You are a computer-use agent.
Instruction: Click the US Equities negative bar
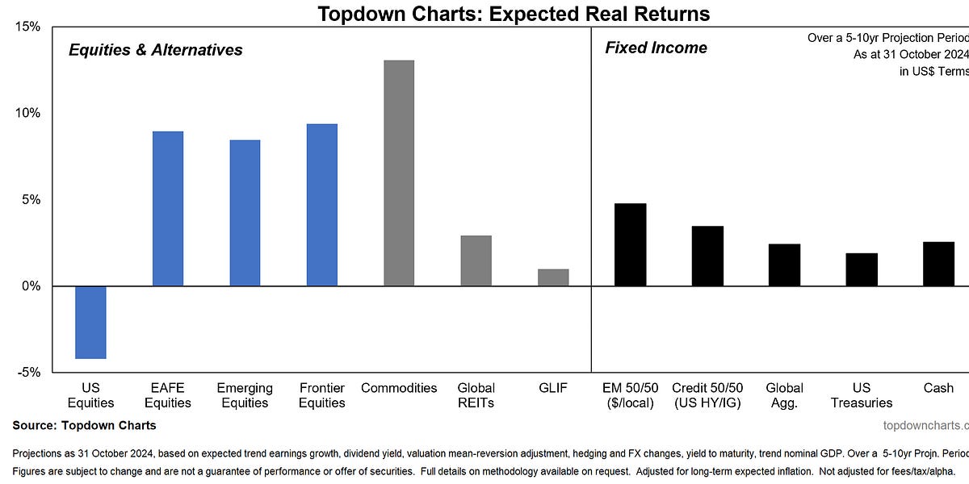(x=90, y=322)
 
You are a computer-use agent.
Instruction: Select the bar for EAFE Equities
(x=168, y=208)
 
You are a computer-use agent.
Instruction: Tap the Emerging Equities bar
(x=245, y=213)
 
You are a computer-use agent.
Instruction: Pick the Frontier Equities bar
(x=321, y=205)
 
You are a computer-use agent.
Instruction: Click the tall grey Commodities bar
(x=399, y=173)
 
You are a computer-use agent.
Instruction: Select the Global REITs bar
(x=476, y=261)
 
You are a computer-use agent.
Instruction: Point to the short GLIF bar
(x=553, y=277)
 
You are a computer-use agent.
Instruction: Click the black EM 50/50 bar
(x=630, y=244)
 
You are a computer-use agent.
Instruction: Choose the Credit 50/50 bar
(x=707, y=256)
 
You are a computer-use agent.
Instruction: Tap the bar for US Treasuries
(x=862, y=269)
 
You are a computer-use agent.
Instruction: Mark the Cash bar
(x=938, y=264)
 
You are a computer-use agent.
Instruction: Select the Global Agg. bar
(x=784, y=265)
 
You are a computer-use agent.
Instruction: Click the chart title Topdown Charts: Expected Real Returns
(x=514, y=13)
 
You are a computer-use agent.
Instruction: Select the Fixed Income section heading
(x=656, y=48)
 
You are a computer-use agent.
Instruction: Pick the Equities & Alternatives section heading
(x=155, y=50)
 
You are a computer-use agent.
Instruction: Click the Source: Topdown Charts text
(x=85, y=425)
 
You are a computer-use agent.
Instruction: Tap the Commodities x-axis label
(x=399, y=388)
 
